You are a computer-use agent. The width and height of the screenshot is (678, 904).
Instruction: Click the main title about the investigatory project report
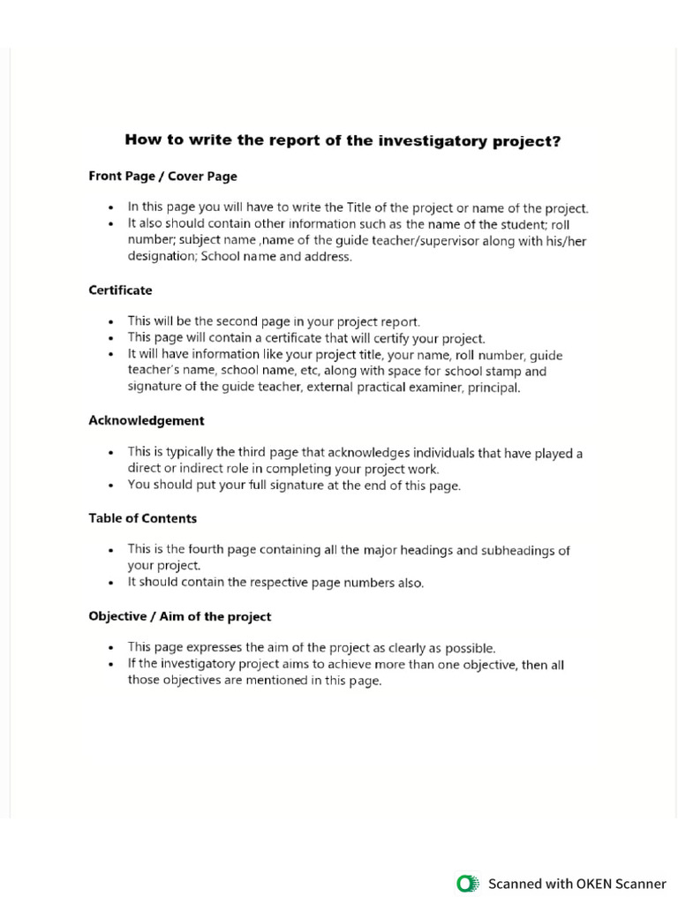tap(343, 140)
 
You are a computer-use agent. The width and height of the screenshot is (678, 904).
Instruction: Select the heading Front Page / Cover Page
tap(162, 176)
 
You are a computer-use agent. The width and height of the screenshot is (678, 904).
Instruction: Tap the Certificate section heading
tap(120, 290)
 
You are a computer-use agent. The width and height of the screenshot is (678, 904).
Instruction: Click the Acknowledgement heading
tap(146, 420)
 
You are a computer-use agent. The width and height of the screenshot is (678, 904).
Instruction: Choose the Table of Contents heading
tap(142, 518)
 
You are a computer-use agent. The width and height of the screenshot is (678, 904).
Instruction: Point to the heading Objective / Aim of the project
tap(179, 616)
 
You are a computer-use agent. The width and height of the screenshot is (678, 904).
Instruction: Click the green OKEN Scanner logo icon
tap(467, 884)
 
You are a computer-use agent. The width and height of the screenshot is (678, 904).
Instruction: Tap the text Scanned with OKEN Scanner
tap(576, 884)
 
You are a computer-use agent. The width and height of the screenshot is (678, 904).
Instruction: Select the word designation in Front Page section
tap(162, 257)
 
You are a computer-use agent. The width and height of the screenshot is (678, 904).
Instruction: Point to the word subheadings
tap(520, 551)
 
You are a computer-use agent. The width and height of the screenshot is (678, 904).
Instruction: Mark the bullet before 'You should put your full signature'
tap(110, 486)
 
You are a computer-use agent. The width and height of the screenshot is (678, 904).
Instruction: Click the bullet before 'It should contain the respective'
tap(110, 584)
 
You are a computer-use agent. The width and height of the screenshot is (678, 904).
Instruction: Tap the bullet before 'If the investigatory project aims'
tap(110, 665)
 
